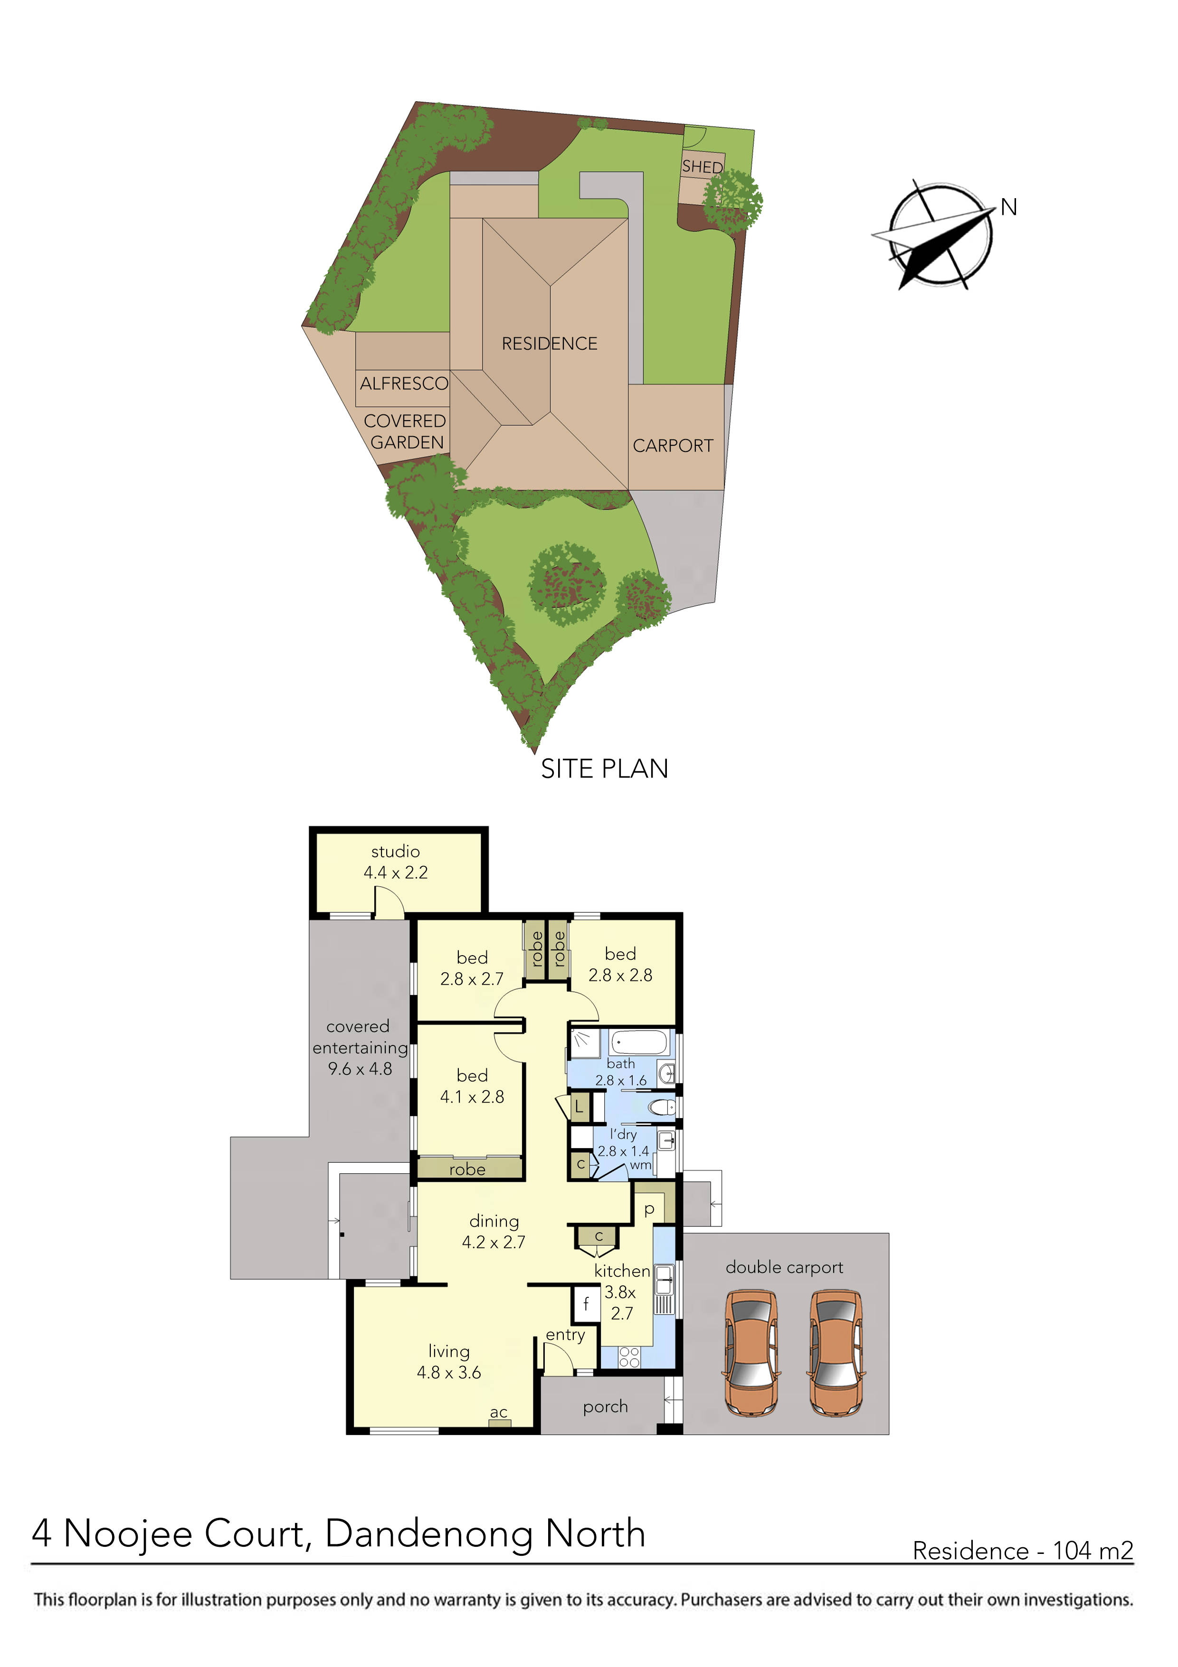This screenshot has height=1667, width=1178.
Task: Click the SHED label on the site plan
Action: click(x=702, y=167)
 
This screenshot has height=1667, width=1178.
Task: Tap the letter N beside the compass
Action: click(x=1008, y=208)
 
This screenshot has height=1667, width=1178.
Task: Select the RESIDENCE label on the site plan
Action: click(x=550, y=344)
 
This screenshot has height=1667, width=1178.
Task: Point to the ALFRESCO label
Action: click(x=404, y=383)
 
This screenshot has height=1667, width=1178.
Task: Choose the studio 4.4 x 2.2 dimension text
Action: click(x=396, y=872)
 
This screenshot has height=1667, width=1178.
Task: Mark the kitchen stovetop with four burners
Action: click(x=629, y=1358)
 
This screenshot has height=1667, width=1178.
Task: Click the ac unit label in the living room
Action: click(x=499, y=1412)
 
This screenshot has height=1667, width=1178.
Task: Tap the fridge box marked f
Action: click(x=586, y=1304)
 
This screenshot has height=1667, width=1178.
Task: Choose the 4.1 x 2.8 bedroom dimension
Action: click(x=472, y=1096)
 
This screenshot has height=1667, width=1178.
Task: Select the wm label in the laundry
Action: click(x=640, y=1165)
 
